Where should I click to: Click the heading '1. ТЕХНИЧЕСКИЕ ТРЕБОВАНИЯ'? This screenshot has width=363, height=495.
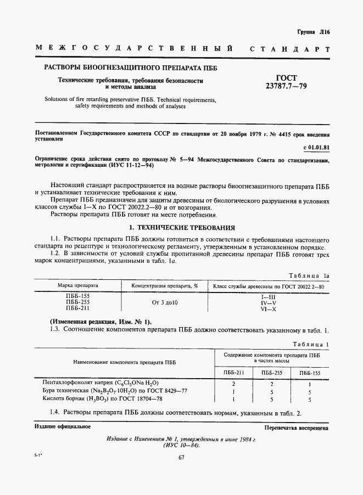pyautogui.click(x=182, y=227)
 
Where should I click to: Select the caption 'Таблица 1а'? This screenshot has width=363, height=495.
pyautogui.click(x=308, y=276)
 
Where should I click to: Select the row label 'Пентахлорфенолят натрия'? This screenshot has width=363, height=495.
pyautogui.click(x=97, y=382)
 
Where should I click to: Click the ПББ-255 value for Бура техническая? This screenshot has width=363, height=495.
pyautogui.click(x=271, y=391)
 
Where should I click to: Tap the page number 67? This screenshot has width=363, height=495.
pyautogui.click(x=181, y=459)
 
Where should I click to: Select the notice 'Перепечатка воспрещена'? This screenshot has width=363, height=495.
pyautogui.click(x=296, y=427)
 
